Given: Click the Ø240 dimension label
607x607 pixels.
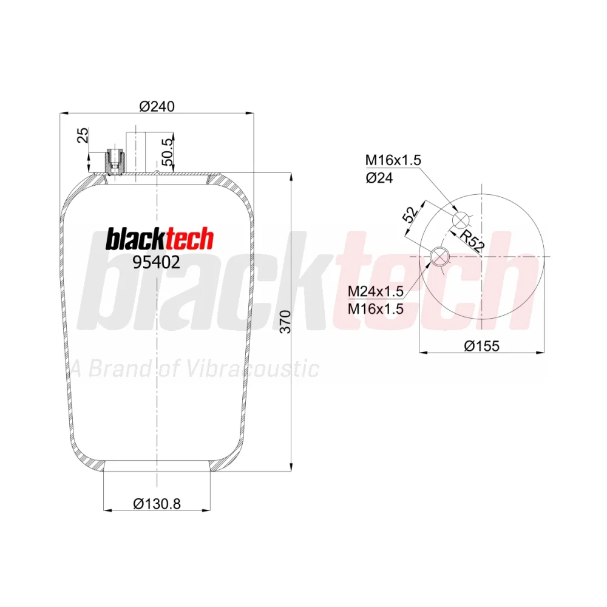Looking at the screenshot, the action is click(x=157, y=106).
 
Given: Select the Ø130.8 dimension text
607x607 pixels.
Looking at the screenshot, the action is click(x=157, y=504).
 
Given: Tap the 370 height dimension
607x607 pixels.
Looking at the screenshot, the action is click(x=285, y=321).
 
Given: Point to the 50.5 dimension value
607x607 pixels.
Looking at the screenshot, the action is click(x=168, y=152).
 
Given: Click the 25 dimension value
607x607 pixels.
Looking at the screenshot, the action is click(x=83, y=135).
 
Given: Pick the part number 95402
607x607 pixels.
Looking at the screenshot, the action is click(x=157, y=262).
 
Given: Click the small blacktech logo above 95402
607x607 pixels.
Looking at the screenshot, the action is click(x=160, y=239).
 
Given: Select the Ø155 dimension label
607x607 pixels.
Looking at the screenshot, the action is click(x=481, y=346).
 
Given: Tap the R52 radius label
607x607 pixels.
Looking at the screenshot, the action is click(x=472, y=240).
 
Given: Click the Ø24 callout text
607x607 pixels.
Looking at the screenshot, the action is click(x=379, y=178).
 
